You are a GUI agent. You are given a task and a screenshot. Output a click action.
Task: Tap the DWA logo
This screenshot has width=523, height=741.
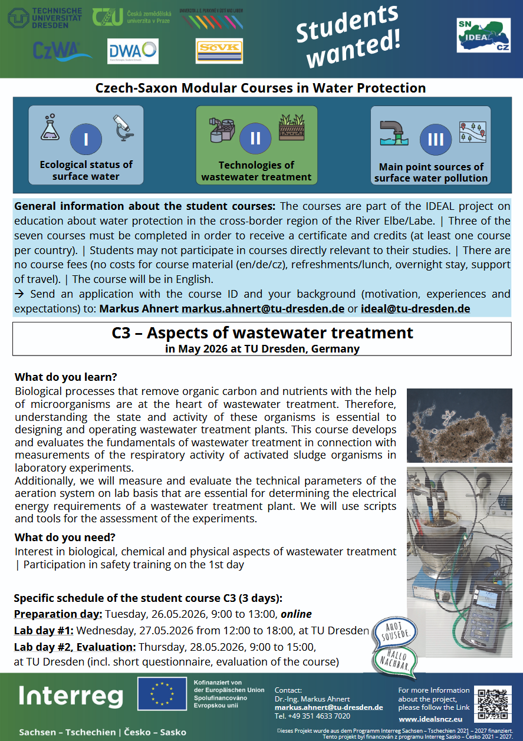point(133,51)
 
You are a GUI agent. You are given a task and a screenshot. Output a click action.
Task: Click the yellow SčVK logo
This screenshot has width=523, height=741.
point(219,51)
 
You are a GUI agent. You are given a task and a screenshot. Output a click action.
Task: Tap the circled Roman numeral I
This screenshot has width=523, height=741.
point(86,140)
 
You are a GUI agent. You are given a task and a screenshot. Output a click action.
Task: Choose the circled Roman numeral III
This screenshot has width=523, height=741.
point(435,140)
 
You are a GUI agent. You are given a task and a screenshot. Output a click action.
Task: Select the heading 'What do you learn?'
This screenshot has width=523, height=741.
point(65,377)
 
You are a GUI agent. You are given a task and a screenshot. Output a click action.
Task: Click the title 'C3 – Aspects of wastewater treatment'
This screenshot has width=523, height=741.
point(262,333)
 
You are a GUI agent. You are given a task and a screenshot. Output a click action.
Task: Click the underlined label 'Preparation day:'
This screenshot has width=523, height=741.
point(58,614)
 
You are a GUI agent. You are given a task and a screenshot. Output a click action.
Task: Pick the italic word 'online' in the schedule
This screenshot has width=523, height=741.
point(296,614)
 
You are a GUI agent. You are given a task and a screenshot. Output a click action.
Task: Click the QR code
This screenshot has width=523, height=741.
point(492,704)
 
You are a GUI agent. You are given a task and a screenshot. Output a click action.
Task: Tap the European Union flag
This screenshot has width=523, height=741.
point(163,694)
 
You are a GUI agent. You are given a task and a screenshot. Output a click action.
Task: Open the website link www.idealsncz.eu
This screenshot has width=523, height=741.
point(430,719)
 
